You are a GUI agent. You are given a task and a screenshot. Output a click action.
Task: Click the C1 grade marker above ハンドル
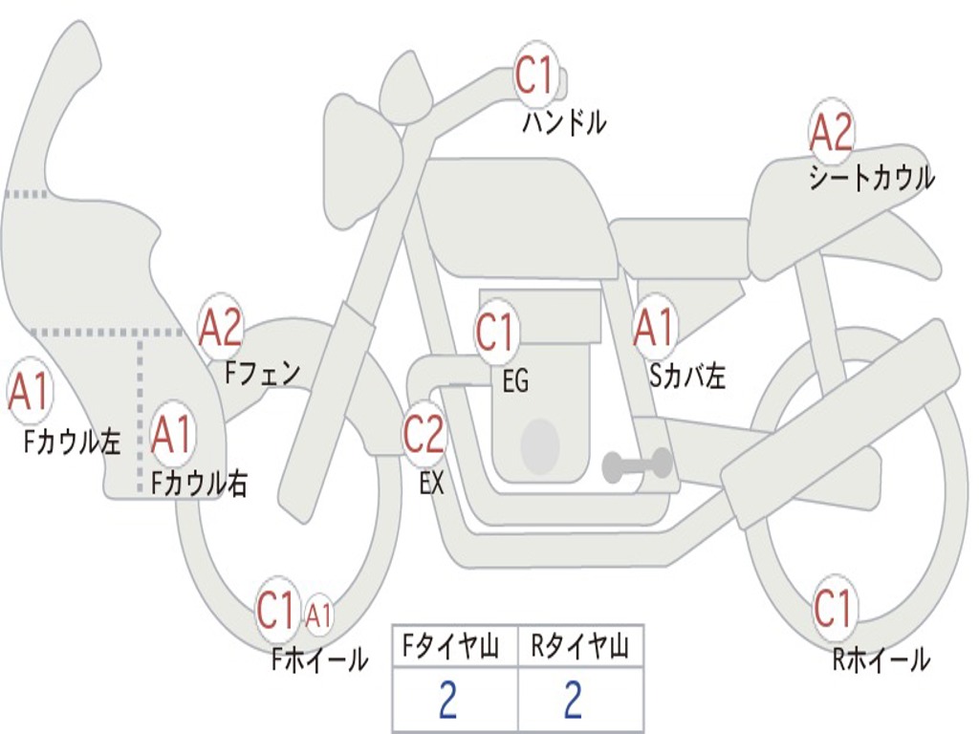point(535,75)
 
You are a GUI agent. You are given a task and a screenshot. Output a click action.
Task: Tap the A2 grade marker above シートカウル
point(831,132)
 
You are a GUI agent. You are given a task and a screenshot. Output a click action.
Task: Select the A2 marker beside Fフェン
point(221,327)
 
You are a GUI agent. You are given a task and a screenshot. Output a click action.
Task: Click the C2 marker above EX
point(424,434)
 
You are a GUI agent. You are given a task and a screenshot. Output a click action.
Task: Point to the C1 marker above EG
point(495,331)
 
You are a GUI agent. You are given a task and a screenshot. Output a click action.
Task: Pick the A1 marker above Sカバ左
point(654,327)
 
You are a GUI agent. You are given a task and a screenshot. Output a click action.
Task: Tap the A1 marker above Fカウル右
point(172,434)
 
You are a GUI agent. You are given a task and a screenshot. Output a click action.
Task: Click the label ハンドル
point(564,122)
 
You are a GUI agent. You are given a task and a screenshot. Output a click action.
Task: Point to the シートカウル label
point(872,178)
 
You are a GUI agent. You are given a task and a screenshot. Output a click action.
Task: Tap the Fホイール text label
point(319,659)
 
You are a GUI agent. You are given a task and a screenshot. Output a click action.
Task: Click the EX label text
point(432,483)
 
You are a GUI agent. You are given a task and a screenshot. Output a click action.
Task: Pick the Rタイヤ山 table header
point(579,647)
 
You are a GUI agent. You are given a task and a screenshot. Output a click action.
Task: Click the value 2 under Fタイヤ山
point(448,700)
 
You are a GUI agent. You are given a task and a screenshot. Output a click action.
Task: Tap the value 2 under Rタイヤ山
point(574,700)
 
